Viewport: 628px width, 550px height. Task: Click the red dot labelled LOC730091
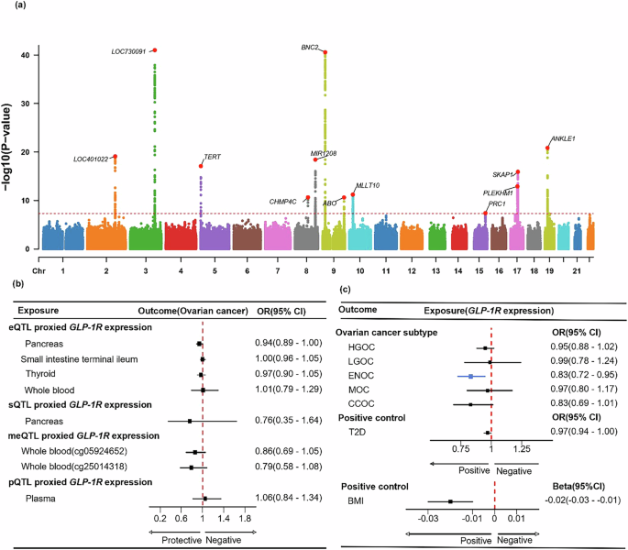[155, 49]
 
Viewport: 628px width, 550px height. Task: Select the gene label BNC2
[310, 47]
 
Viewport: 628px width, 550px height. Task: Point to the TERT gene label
[212, 157]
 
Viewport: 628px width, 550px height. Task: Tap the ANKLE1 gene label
[563, 138]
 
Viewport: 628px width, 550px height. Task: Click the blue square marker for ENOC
[470, 377]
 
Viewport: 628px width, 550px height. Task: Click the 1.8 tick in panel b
[245, 519]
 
